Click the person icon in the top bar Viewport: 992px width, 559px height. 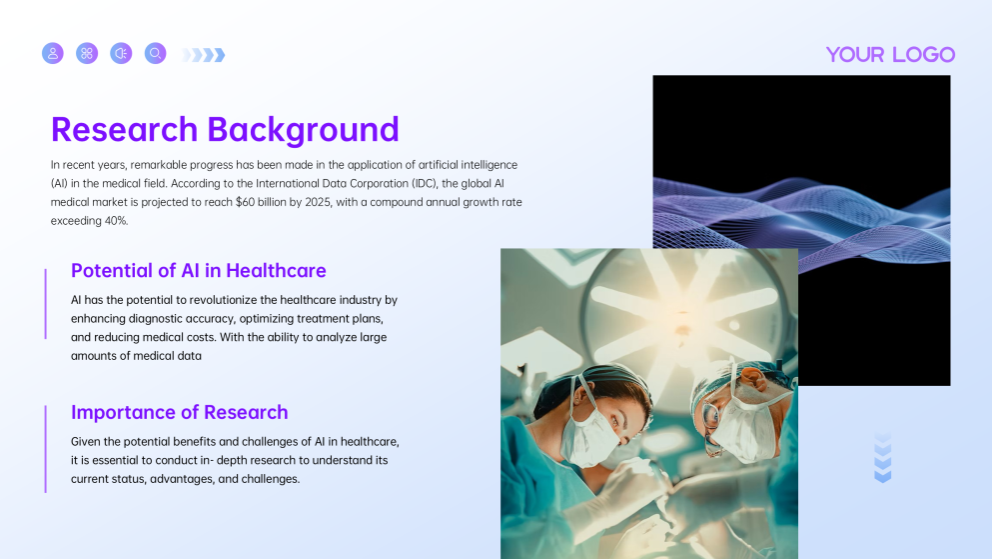pos(53,53)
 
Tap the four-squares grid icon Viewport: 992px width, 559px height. pos(87,53)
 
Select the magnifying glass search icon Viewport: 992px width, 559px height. pos(155,53)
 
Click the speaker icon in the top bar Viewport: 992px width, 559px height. pos(121,53)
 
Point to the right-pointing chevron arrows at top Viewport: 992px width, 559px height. pos(204,55)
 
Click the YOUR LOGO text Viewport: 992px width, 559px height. pos(890,55)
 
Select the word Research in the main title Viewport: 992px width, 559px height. pos(124,130)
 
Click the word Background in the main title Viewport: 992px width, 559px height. pos(303,130)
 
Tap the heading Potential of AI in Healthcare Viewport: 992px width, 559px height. pos(198,270)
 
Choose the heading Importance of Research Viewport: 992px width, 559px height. pos(179,412)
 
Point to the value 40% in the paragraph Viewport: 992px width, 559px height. pos(115,220)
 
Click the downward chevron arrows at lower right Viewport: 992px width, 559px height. pos(882,458)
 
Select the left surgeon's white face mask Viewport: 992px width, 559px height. pos(590,438)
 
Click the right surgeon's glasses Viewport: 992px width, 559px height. pos(711,411)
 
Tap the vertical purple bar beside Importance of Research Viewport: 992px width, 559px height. pos(46,448)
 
